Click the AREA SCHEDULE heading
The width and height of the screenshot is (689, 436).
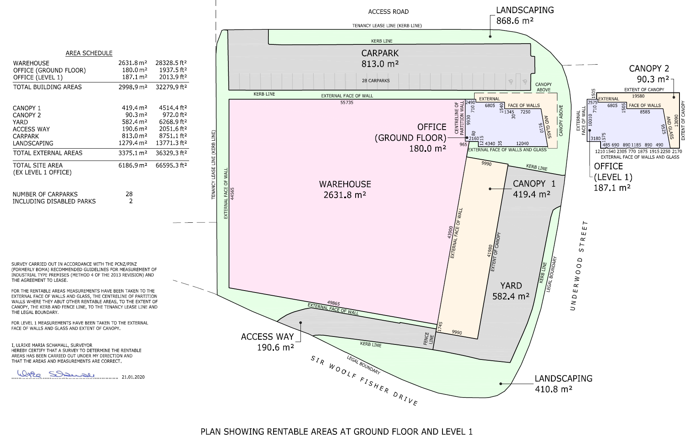pos(89,53)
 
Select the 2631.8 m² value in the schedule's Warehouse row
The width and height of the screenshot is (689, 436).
pos(132,63)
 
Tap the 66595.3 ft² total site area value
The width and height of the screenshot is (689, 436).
pos(171,165)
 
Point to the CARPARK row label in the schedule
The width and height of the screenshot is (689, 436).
pos(26,136)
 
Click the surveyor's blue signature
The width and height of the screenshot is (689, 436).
pos(56,374)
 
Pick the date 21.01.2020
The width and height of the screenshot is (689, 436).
pos(133,377)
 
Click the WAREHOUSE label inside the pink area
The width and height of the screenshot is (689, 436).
pos(345,184)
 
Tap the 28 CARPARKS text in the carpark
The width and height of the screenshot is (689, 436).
pos(375,80)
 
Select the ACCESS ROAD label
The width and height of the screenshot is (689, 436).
pos(388,12)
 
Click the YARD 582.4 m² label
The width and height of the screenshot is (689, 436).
pos(511,291)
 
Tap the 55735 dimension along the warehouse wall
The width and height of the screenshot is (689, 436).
pos(347,103)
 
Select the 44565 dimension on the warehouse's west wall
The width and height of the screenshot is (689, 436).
pos(232,193)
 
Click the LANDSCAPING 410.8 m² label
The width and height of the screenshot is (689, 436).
pos(563,384)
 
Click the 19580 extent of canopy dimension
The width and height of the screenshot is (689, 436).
pos(638,96)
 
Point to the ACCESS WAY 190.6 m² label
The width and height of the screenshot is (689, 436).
pos(268,342)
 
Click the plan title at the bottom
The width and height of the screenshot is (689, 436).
pos(336,432)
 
